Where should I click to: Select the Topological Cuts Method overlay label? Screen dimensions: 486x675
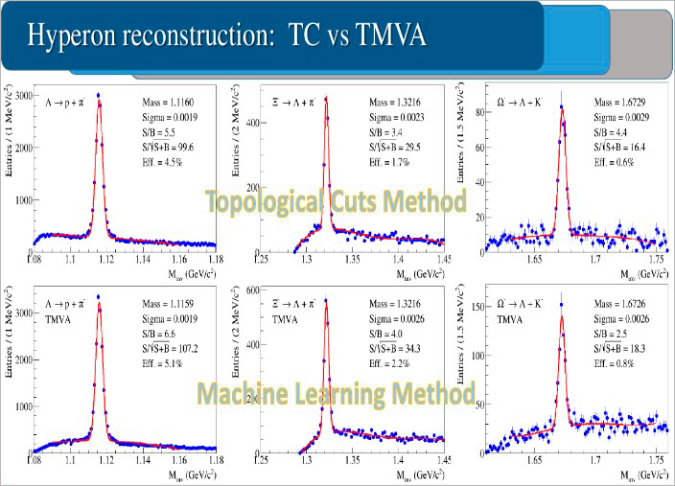tap(335, 201)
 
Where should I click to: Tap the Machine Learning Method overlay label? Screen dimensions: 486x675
tap(335, 394)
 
